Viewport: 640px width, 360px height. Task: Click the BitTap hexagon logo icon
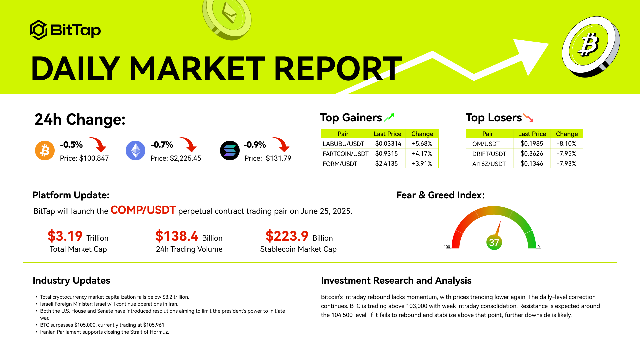tap(39, 30)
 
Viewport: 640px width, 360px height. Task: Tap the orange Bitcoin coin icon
tap(45, 151)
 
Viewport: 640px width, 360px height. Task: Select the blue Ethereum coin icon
tap(135, 151)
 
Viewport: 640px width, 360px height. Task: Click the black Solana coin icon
tap(230, 151)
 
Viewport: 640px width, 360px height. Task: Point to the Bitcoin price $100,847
tap(94, 158)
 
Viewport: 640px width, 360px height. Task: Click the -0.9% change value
tap(255, 145)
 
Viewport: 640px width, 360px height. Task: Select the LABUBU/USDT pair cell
tap(343, 144)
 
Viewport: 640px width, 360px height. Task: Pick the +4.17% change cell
tap(422, 154)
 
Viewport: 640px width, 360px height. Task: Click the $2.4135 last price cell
tap(386, 164)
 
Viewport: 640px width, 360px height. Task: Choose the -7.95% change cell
tap(567, 154)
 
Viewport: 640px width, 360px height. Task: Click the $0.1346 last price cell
tap(532, 164)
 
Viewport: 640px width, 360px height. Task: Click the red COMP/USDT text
tap(143, 210)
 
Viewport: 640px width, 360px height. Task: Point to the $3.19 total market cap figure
tap(65, 236)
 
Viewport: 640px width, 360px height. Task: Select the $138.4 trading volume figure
tap(177, 236)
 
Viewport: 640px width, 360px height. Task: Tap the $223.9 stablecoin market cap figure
tap(287, 236)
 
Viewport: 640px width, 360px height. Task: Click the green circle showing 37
tap(494, 242)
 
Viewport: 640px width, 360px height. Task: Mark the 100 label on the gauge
tap(447, 247)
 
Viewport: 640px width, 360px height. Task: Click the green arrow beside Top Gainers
tap(389, 117)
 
